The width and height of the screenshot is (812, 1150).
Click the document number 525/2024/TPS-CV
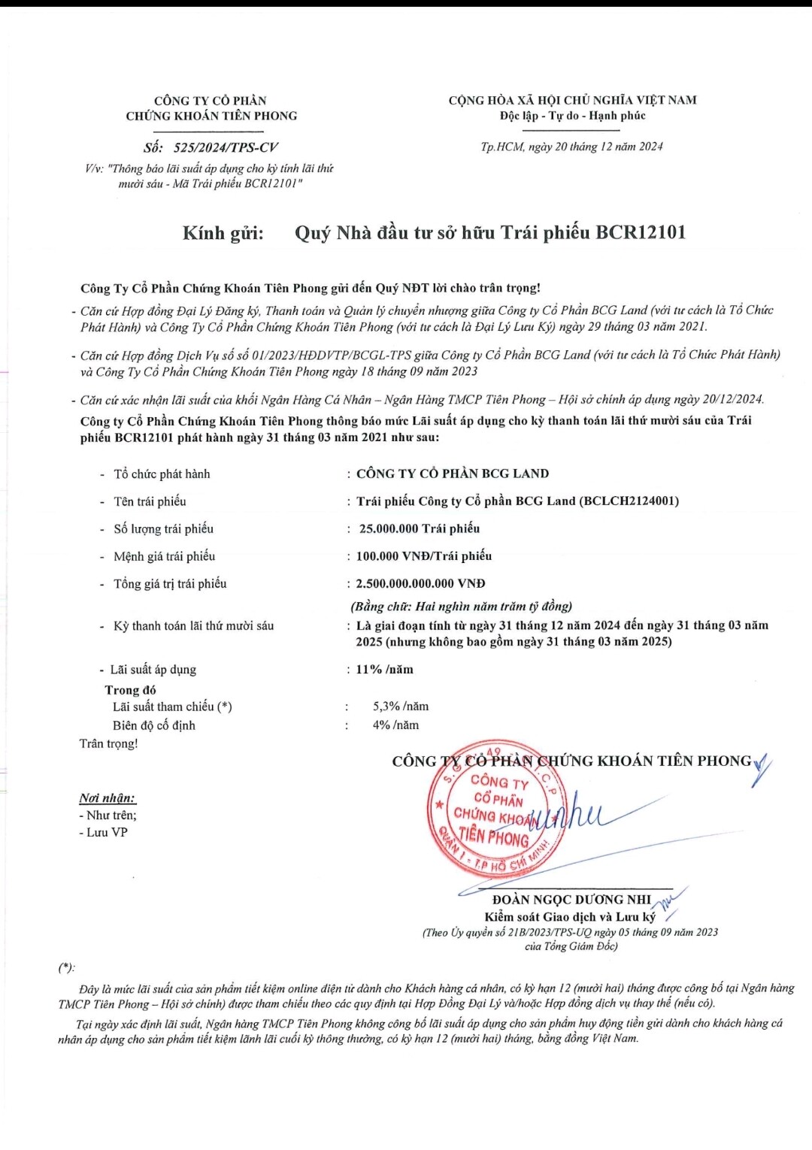(x=226, y=147)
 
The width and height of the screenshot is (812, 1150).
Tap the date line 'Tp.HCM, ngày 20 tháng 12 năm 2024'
(x=571, y=147)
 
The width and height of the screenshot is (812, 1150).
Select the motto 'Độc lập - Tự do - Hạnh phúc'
(x=572, y=116)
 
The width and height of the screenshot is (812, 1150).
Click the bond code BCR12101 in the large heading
(x=641, y=232)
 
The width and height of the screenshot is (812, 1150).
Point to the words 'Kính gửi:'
(x=223, y=233)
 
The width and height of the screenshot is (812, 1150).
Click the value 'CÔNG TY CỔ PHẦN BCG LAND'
(x=453, y=474)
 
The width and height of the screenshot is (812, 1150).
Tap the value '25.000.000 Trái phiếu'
(x=419, y=528)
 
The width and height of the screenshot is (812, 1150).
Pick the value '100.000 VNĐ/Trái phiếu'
(x=424, y=556)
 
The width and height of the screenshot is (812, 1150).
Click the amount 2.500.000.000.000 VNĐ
(x=420, y=583)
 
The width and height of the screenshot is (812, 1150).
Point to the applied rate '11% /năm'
(x=384, y=669)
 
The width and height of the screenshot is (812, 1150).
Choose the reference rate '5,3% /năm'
(x=401, y=707)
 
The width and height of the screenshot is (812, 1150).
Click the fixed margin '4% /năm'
(x=395, y=725)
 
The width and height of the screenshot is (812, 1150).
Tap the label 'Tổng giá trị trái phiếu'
(x=170, y=583)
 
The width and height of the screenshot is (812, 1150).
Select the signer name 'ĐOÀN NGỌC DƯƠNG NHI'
(x=571, y=900)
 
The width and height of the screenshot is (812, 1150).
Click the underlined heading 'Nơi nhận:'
(x=108, y=798)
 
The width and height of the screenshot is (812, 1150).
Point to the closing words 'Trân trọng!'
(x=109, y=744)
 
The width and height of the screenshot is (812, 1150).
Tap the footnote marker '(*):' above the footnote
(x=67, y=968)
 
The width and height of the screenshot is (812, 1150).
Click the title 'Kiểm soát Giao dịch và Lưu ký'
(x=570, y=917)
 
